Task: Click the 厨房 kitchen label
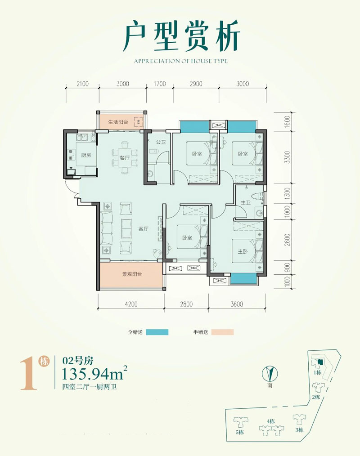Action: click(86, 155)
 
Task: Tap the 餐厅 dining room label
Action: click(125, 158)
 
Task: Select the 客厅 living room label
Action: click(144, 229)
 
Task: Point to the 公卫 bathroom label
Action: click(161, 142)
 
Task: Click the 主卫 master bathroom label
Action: click(246, 202)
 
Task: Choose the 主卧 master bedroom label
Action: click(243, 251)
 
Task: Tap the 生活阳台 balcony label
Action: click(118, 122)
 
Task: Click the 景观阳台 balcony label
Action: click(132, 274)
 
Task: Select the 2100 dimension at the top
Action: click(82, 84)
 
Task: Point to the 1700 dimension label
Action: click(160, 84)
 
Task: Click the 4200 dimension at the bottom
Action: click(131, 304)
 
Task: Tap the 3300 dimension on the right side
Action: click(287, 157)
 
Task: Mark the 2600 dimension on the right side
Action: click(287, 240)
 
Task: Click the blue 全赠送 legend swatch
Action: click(157, 332)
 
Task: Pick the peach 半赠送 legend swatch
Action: click(222, 332)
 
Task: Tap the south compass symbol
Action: click(270, 374)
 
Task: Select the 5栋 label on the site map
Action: click(239, 432)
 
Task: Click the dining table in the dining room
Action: click(125, 158)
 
